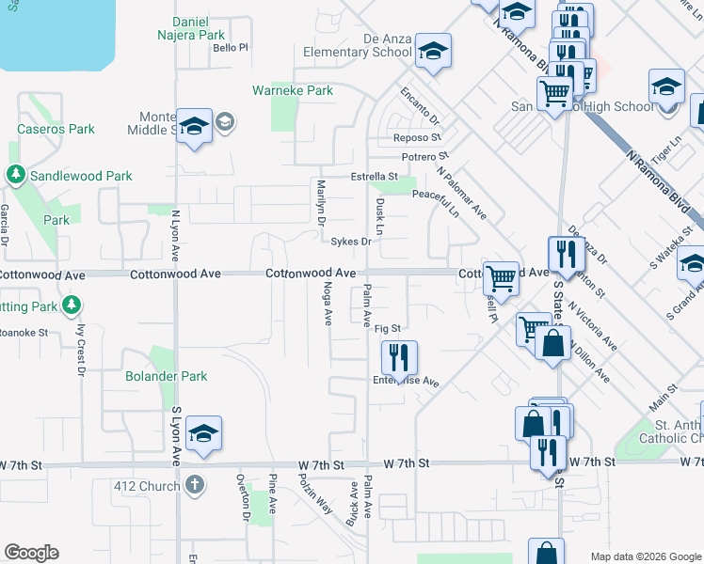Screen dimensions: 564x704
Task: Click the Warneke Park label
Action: [293, 91]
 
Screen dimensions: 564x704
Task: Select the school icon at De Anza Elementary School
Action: [433, 51]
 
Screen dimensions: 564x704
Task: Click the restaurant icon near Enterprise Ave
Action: [399, 357]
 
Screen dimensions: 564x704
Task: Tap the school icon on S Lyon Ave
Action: [203, 433]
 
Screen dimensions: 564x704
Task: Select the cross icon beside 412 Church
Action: [195, 486]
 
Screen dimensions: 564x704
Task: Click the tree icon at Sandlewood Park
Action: [15, 175]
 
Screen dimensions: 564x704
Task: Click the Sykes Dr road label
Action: [351, 242]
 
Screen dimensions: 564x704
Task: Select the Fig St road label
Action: [388, 328]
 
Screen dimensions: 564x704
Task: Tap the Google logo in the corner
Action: [31, 553]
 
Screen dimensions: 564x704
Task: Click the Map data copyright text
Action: [645, 556]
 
